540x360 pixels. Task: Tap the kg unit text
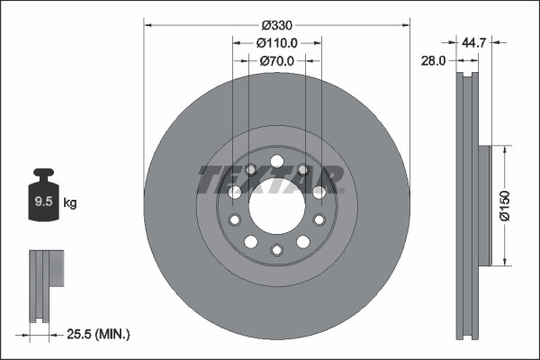(70, 203)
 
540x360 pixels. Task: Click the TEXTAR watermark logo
(268, 179)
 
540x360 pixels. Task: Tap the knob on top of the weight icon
(41, 174)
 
